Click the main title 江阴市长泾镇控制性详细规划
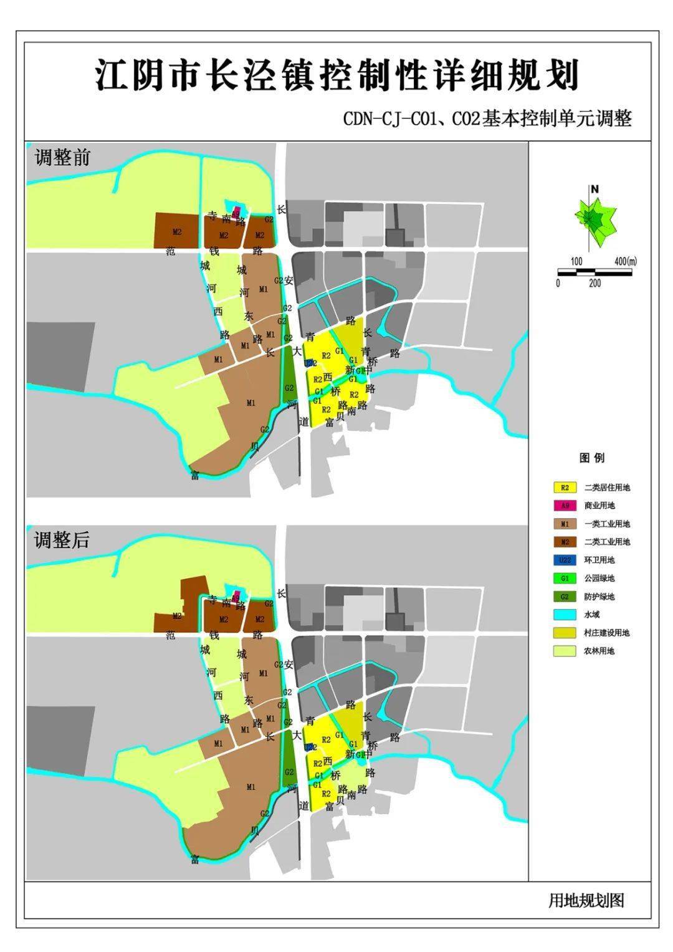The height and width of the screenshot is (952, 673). pos(337,75)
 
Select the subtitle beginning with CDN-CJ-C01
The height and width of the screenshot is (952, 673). pos(487,119)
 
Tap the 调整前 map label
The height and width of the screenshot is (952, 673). pos(62,157)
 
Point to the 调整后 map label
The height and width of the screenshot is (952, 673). pos(62,540)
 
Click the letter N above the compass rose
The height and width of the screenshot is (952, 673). pos(595,189)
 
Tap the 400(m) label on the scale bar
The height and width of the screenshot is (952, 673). pos(625,261)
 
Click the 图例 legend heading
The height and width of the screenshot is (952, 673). pos(591,458)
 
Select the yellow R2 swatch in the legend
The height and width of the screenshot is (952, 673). pos(565,488)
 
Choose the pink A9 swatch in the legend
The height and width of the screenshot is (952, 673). pos(565,506)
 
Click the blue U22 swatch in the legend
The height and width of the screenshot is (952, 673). pos(565,560)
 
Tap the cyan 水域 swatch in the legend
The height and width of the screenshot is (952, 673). pos(565,615)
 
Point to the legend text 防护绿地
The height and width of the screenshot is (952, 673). pos(599,597)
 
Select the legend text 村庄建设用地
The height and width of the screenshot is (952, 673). pos(606,633)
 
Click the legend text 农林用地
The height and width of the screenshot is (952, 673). pos(599,651)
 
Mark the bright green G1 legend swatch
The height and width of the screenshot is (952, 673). pos(565,578)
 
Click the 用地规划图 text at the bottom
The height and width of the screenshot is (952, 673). pos(586,900)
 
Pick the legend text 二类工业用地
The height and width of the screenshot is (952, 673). pos(606,542)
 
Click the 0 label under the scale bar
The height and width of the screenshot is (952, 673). pos(558,283)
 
